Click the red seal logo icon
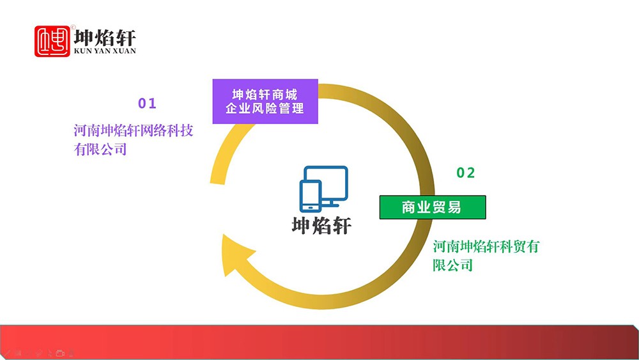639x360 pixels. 52,42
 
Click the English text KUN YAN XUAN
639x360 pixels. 105,51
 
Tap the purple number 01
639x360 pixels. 147,104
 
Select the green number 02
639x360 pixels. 465,173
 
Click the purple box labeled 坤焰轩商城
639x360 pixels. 265,102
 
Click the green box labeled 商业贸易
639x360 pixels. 433,207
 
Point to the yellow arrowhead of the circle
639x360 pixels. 236,255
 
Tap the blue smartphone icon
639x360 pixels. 311,196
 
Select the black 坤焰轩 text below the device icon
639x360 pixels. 321,226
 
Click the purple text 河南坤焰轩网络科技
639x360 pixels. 134,130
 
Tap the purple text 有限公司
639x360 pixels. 100,149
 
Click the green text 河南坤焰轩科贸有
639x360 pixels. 486,246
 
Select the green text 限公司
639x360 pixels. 453,265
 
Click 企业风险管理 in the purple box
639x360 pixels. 265,109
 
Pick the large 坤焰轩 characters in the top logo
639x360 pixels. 105,38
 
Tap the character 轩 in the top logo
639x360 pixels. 126,38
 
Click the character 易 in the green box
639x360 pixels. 454,207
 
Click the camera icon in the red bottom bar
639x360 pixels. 60,353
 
